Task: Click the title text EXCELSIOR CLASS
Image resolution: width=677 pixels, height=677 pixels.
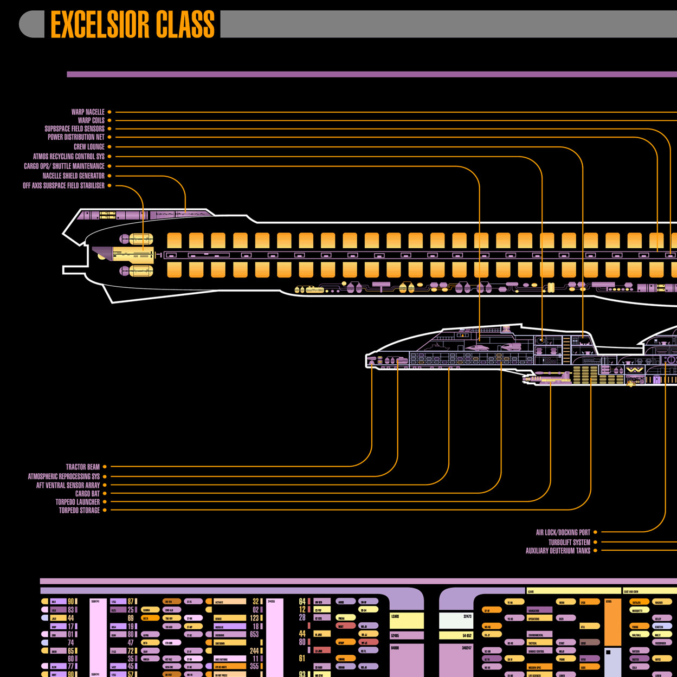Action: point(132,24)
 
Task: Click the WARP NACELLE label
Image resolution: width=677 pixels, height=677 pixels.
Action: point(88,112)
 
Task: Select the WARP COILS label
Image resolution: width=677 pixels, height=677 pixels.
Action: point(91,121)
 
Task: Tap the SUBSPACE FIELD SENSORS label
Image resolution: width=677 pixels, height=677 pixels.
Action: point(74,129)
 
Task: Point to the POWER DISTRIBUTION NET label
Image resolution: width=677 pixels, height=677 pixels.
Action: point(76,138)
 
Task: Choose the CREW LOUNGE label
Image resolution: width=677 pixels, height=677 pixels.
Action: point(89,147)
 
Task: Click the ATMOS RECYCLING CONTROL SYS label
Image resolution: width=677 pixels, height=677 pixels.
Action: point(69,157)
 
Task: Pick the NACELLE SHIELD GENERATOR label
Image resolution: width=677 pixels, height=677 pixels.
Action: point(74,176)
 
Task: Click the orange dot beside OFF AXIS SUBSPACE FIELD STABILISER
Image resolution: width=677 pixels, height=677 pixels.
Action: point(109,186)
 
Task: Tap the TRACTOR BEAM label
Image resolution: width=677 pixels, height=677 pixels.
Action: point(83,467)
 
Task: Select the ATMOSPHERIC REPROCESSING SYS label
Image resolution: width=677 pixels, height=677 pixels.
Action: point(64,476)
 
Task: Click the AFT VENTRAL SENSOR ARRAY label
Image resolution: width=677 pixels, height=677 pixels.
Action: point(68,486)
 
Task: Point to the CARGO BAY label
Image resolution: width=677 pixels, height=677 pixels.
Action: point(87,494)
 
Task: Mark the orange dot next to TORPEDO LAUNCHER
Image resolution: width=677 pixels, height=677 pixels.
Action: point(105,502)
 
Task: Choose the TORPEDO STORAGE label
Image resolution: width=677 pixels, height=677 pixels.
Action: point(79,511)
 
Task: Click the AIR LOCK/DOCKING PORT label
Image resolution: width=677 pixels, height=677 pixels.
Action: point(563,533)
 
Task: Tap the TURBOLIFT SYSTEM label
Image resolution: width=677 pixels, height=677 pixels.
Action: point(569,543)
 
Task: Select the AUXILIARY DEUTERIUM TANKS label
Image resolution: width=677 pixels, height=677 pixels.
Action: point(558,551)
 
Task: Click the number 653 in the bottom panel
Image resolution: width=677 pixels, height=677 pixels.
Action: point(254,634)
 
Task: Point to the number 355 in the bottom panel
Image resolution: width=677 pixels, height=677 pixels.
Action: point(254,667)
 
